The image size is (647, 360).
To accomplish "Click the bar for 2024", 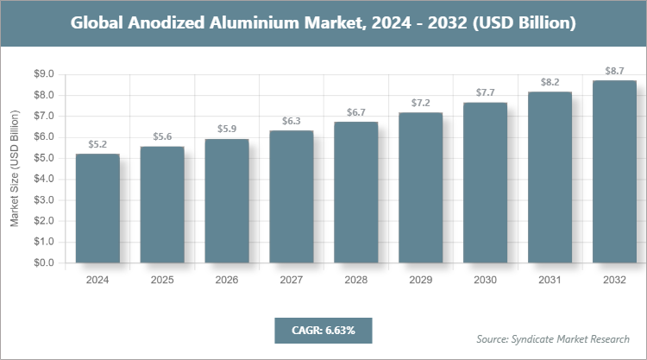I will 97,208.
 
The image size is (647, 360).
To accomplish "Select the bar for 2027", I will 292,197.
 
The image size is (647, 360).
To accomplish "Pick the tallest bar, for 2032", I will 614,172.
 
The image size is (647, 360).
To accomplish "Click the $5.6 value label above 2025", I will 162,136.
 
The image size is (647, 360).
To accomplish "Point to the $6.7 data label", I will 356,112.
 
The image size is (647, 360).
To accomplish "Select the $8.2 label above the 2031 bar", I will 550,81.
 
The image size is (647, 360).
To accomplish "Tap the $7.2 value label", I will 421,103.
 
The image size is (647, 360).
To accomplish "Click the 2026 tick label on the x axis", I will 227,281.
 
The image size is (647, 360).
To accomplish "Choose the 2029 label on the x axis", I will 421,281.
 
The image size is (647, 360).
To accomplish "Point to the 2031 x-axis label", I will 550,281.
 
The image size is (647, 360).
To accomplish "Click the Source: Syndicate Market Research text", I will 553,338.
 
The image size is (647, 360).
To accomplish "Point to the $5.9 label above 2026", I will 227,129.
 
